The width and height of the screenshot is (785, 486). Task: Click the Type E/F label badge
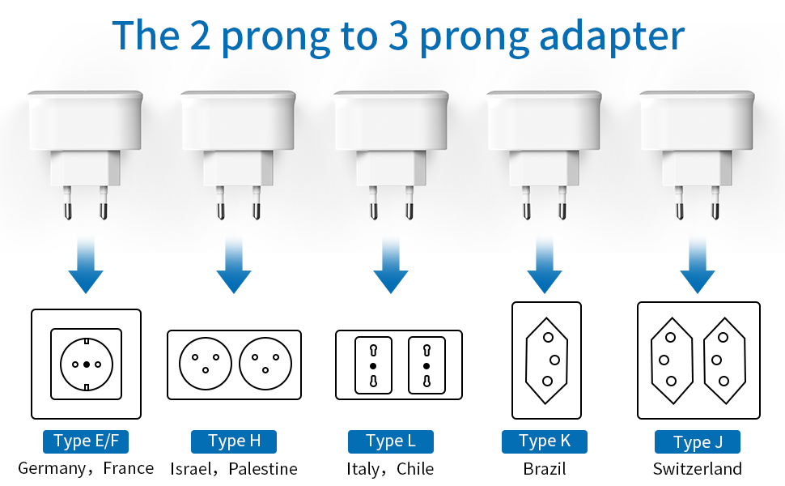[x=86, y=441]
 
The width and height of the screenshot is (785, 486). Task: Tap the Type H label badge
[x=234, y=441]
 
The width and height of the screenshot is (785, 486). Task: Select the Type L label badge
[x=390, y=441]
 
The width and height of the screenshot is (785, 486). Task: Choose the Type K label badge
[x=544, y=441]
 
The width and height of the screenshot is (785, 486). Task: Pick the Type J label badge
[x=698, y=442]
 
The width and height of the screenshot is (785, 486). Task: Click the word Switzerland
[x=698, y=469]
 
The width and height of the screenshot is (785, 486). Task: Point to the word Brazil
[x=545, y=469]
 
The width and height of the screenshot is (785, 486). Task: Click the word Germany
[x=51, y=468]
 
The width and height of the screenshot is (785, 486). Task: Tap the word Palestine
[x=263, y=469]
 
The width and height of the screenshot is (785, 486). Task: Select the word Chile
[x=415, y=469]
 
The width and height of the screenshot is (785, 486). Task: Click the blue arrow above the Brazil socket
[x=545, y=267]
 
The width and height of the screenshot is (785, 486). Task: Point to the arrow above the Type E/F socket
[x=86, y=267]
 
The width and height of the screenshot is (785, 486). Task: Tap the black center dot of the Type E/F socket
[x=86, y=364]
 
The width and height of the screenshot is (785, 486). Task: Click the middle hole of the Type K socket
[x=555, y=360]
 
